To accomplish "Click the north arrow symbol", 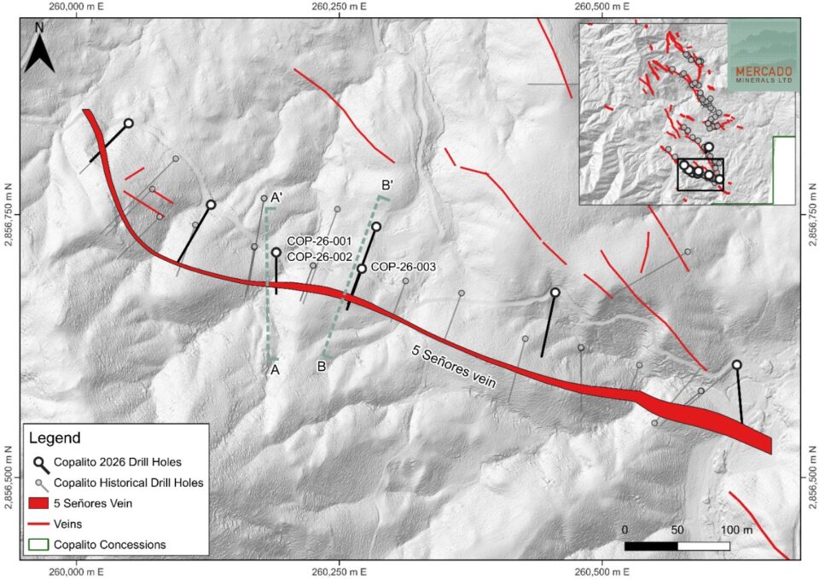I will click(x=39, y=48).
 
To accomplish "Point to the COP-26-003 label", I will click(x=404, y=267).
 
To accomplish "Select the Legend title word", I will click(x=55, y=438).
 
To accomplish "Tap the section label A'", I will click(x=277, y=194).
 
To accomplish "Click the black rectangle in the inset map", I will click(x=700, y=175).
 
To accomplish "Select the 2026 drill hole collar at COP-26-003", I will click(x=362, y=269).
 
